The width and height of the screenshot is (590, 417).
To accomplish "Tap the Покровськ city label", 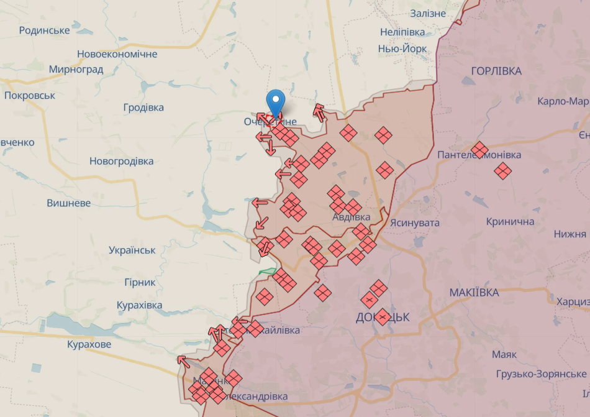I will point(30,96).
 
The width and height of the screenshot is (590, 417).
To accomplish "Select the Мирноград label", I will point(76,70).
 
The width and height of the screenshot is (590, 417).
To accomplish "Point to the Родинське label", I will point(44,30).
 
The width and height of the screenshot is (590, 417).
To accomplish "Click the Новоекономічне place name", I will point(117,54).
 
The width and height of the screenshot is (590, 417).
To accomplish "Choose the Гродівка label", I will point(143,108).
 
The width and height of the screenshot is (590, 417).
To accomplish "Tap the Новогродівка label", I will point(121,161).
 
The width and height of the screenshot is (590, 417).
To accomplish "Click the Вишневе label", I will point(69,203).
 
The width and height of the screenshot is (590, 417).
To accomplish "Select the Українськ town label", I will point(132,250).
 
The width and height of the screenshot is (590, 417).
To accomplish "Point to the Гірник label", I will point(140,282).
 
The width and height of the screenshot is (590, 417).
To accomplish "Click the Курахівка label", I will point(140,305).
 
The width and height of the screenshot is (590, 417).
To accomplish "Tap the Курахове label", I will point(89,344).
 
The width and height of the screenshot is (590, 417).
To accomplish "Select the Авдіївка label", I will point(351,217).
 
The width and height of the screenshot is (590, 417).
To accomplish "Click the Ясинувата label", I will point(415,222).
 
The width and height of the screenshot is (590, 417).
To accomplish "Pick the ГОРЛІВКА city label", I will point(496,71).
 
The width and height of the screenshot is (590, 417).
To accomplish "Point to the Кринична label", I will point(511,222).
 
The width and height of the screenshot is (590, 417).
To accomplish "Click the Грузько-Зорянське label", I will point(541,374).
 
